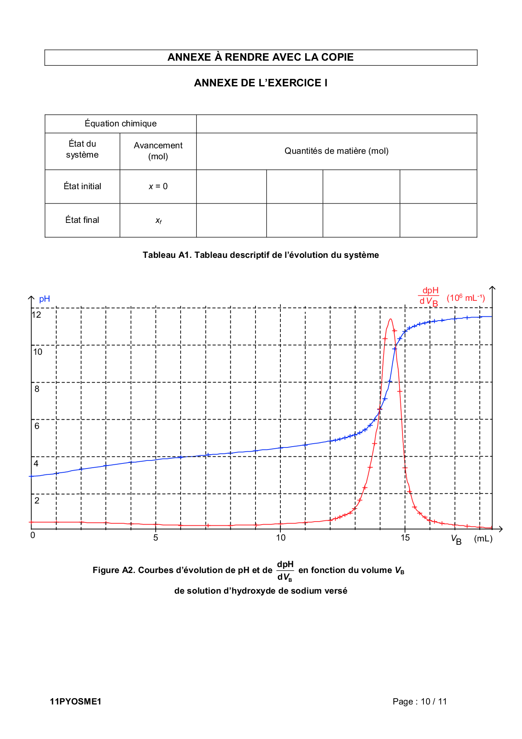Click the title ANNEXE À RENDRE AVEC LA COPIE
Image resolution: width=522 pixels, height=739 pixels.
click(x=261, y=57)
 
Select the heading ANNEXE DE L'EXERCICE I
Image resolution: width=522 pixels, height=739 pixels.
click(x=261, y=83)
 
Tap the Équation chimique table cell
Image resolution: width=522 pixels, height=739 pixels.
click(x=120, y=123)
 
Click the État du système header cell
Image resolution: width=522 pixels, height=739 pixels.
click(x=82, y=150)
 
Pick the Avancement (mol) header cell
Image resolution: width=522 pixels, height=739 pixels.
click(x=158, y=151)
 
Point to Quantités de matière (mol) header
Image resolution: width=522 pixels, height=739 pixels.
click(x=336, y=151)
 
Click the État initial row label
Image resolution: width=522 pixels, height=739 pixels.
click(x=82, y=186)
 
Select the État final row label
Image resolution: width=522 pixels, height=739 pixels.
click(x=82, y=220)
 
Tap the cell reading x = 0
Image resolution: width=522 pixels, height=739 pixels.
click(x=158, y=186)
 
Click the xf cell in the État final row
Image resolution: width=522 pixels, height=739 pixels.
click(x=158, y=220)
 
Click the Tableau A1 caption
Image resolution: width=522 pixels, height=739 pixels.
click(x=261, y=255)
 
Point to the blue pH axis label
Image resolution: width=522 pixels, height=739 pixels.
click(x=44, y=299)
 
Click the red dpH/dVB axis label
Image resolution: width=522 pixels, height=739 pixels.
click(x=429, y=296)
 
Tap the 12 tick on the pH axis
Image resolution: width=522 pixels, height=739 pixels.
click(x=37, y=315)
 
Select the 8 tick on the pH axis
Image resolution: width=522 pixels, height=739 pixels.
click(x=37, y=389)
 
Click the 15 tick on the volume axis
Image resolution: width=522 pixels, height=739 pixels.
click(x=405, y=538)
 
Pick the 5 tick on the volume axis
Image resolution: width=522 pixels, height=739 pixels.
click(x=156, y=538)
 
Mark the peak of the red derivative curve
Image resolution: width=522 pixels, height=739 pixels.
click(x=391, y=319)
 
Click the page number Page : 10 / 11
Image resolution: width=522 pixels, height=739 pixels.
click(x=419, y=702)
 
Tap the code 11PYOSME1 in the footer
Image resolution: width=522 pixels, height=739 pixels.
click(x=75, y=702)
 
